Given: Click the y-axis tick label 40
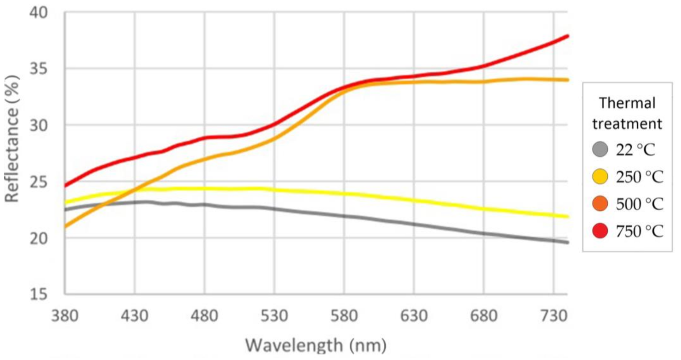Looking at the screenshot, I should [x=38, y=13].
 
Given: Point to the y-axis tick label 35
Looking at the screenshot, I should [x=38, y=69].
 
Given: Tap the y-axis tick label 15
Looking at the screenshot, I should [x=38, y=294].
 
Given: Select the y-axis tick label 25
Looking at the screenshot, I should [x=38, y=182].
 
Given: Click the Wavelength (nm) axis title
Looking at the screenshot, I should [x=316, y=345].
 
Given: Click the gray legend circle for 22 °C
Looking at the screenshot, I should [x=600, y=149].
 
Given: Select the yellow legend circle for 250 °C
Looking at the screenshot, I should [x=600, y=176].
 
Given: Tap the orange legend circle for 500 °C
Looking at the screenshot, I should [x=600, y=204].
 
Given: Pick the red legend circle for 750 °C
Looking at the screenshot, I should [x=600, y=231].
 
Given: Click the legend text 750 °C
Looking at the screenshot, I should [x=639, y=231].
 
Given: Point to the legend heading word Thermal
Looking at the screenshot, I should [x=627, y=103].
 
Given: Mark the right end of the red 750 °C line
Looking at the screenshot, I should [x=567, y=36].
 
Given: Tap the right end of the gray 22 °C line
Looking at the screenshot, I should [x=567, y=242].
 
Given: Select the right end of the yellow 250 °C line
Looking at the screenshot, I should [x=567, y=216].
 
